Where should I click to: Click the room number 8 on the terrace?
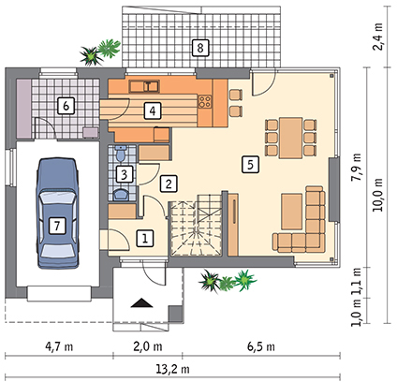click(x=200, y=48)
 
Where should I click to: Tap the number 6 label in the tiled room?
click(x=66, y=106)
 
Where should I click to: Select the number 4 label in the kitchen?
click(x=153, y=110)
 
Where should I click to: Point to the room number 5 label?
click(x=250, y=164)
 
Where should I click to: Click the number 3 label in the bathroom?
click(x=124, y=174)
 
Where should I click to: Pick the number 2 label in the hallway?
click(x=169, y=184)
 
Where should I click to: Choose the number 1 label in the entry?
click(x=145, y=239)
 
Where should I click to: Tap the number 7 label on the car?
click(x=57, y=226)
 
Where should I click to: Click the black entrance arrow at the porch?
click(x=142, y=303)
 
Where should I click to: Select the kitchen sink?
click(x=144, y=86)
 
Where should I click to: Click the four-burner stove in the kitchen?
click(x=205, y=101)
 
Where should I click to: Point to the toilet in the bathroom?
click(x=120, y=153)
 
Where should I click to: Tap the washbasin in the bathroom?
click(x=121, y=195)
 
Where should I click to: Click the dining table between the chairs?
click(x=291, y=138)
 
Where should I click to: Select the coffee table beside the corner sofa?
click(x=292, y=212)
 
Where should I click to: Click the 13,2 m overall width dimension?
click(x=172, y=370)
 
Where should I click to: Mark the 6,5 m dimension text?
click(x=261, y=346)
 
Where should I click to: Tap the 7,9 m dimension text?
click(x=356, y=167)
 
